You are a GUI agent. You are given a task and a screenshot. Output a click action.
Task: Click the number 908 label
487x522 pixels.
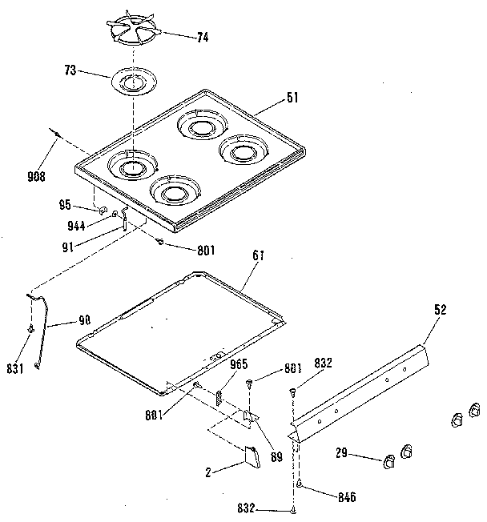click(35, 176)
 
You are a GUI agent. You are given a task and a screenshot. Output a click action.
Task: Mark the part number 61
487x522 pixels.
click(258, 256)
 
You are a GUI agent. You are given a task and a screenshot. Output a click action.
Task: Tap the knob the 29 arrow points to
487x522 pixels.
click(391, 460)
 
